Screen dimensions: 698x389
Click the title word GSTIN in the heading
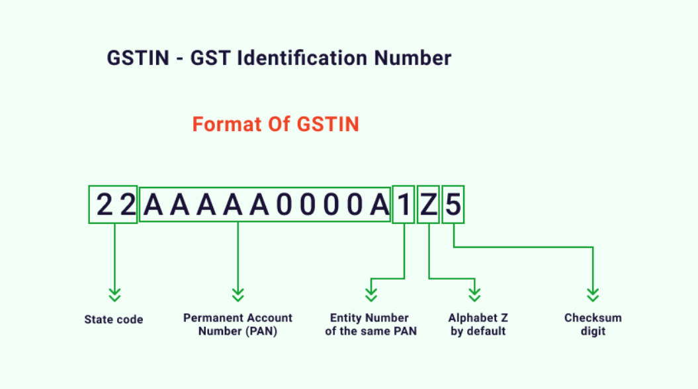138,58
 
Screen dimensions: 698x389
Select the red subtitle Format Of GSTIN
275,124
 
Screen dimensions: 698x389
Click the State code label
114,319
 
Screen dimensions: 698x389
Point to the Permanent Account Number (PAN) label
238,324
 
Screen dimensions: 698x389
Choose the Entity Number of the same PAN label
371,324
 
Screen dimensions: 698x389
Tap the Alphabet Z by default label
478,324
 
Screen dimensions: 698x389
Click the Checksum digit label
593,324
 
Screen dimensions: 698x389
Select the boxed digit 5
453,205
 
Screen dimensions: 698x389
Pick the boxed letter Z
428,205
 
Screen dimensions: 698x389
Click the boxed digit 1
404,205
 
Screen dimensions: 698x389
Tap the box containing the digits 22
113,205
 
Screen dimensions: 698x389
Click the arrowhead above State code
115,295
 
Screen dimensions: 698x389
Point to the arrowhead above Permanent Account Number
238,295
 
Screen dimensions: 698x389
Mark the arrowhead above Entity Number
371,295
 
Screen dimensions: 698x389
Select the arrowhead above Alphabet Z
474,295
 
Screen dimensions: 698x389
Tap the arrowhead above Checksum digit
593,295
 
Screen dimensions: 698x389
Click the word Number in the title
413,58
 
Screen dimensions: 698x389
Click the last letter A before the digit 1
380,205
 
